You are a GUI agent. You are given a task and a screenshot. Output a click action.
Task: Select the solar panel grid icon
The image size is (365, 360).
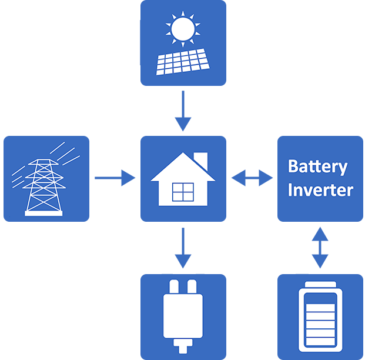tap(182, 61)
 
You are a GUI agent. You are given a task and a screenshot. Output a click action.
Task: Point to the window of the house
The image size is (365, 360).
tap(183, 192)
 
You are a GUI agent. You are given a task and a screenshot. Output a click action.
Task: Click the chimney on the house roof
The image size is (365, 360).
tap(201, 159)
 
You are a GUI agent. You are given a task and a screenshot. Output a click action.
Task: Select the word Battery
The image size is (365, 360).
tap(317, 166)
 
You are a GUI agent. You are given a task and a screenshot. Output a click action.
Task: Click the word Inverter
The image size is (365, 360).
tap(320, 190)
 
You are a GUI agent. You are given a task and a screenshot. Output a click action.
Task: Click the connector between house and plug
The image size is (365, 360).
tap(183, 247)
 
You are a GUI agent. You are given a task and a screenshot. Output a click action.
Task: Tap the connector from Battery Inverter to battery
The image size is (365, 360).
tap(320, 247)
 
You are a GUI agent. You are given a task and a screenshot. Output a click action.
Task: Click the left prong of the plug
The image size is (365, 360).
tap(174, 288)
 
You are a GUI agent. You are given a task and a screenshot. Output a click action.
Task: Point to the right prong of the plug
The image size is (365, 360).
tap(192, 288)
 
